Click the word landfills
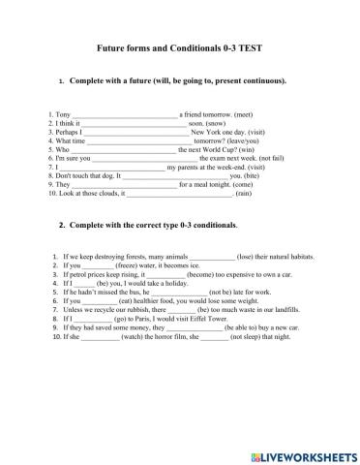293,308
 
